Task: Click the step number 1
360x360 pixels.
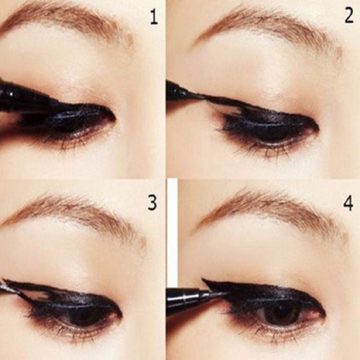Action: (154, 17)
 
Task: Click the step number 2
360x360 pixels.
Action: (349, 16)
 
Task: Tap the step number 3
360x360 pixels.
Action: (153, 203)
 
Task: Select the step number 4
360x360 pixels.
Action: (348, 204)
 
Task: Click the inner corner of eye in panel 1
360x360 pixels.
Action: (114, 119)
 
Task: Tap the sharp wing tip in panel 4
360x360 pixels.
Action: (204, 279)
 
